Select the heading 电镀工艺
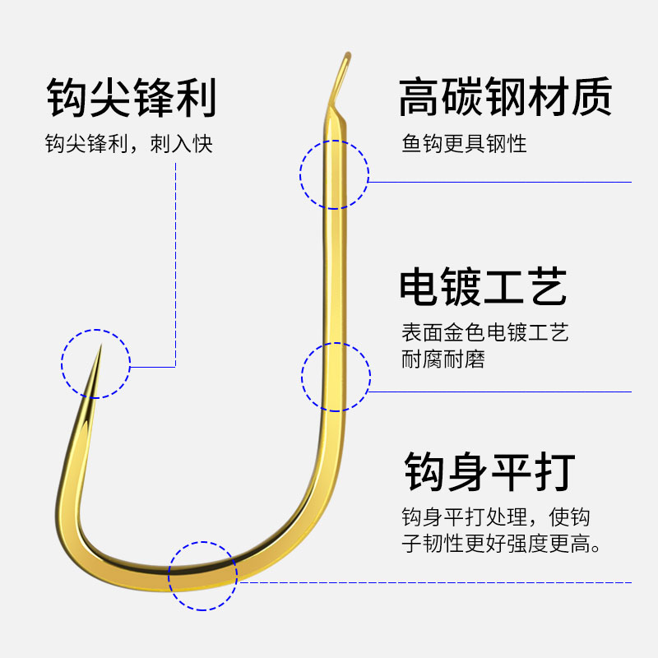[484, 288]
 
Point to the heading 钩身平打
[489, 472]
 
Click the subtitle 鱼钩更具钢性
[464, 144]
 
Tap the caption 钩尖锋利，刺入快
[129, 144]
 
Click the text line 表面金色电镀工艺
[484, 333]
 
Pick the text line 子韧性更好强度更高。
[500, 544]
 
